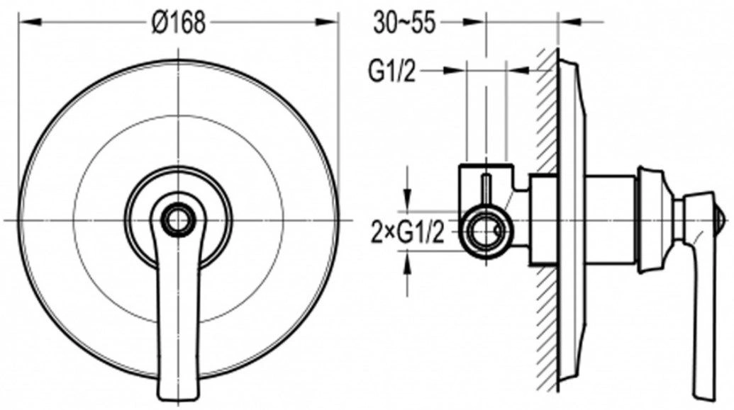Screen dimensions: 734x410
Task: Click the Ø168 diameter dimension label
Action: point(179,23)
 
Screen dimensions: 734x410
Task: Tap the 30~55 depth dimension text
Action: point(405,23)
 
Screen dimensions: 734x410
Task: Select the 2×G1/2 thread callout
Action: point(407,232)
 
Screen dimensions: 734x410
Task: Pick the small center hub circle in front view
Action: point(177,220)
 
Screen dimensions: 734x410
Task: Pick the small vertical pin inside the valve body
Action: point(486,190)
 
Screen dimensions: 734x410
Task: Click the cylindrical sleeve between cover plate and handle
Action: point(611,220)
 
